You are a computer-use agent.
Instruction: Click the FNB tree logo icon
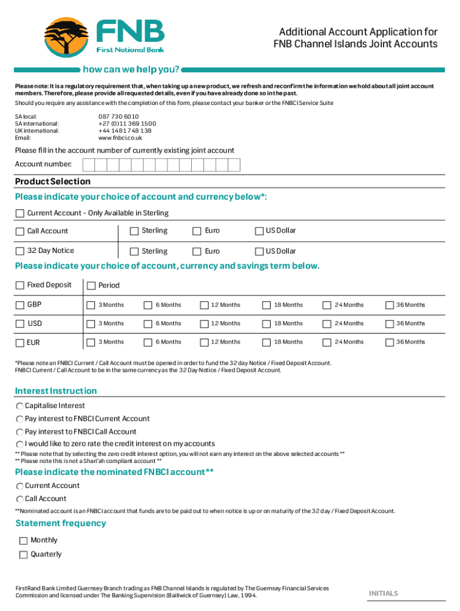coord(67,36)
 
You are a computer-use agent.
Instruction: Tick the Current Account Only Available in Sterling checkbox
coord(20,214)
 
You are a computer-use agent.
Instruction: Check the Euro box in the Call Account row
coord(196,231)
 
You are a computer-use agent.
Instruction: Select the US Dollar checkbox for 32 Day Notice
coord(259,251)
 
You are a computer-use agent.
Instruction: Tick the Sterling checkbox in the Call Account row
coord(134,231)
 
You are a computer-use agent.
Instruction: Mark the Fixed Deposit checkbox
coord(20,285)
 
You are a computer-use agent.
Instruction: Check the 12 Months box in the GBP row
coord(204,305)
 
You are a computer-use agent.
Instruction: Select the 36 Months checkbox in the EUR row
coord(390,342)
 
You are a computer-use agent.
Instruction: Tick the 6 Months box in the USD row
coord(148,324)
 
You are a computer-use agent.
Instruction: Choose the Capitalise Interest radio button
coord(20,406)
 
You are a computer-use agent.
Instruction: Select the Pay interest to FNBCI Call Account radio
coord(20,432)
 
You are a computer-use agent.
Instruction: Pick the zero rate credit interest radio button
coord(20,445)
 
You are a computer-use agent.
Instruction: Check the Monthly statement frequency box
coord(23,541)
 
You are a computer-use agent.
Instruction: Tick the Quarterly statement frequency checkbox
coord(23,555)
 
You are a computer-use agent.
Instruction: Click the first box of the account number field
coord(88,165)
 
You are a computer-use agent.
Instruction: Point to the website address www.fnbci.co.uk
coord(120,138)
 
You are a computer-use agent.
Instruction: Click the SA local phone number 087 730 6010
coord(118,116)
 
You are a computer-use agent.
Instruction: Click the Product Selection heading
coord(53,181)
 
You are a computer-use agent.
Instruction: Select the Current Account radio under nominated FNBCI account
coord(20,486)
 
